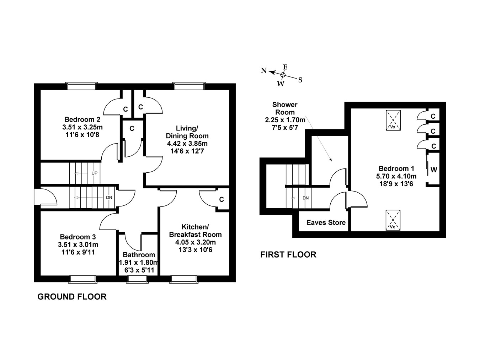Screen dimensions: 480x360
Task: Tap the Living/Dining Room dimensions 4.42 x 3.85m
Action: [x=187, y=144]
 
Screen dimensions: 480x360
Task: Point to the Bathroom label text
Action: [x=139, y=255]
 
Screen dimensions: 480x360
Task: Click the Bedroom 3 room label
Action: [x=78, y=237]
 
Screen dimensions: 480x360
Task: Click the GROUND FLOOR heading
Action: [x=72, y=297]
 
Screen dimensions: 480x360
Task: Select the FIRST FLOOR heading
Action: [x=288, y=255]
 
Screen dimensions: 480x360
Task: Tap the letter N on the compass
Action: [x=263, y=70]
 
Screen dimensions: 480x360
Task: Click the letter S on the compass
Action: [x=300, y=80]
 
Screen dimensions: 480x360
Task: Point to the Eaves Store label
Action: [x=326, y=223]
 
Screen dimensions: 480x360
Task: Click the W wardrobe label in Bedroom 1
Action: [x=433, y=170]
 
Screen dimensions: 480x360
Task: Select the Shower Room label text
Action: [x=285, y=108]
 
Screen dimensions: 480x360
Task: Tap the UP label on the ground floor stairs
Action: [x=94, y=173]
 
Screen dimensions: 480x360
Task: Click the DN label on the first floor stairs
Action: [x=305, y=198]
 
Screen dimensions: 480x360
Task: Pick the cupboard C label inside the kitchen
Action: [x=222, y=200]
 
